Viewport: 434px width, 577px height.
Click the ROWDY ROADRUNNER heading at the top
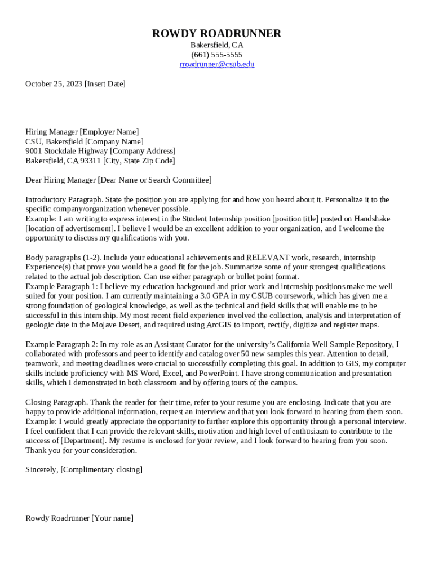[216, 34]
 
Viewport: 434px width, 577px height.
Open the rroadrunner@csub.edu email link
[217, 64]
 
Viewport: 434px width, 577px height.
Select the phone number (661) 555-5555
[216, 55]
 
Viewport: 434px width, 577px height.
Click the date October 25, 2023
[54, 84]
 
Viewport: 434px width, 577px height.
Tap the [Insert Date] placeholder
[105, 84]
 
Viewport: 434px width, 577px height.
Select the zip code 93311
[91, 161]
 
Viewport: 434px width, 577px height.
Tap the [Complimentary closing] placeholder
[101, 469]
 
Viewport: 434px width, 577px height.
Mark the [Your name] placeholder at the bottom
[112, 518]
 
